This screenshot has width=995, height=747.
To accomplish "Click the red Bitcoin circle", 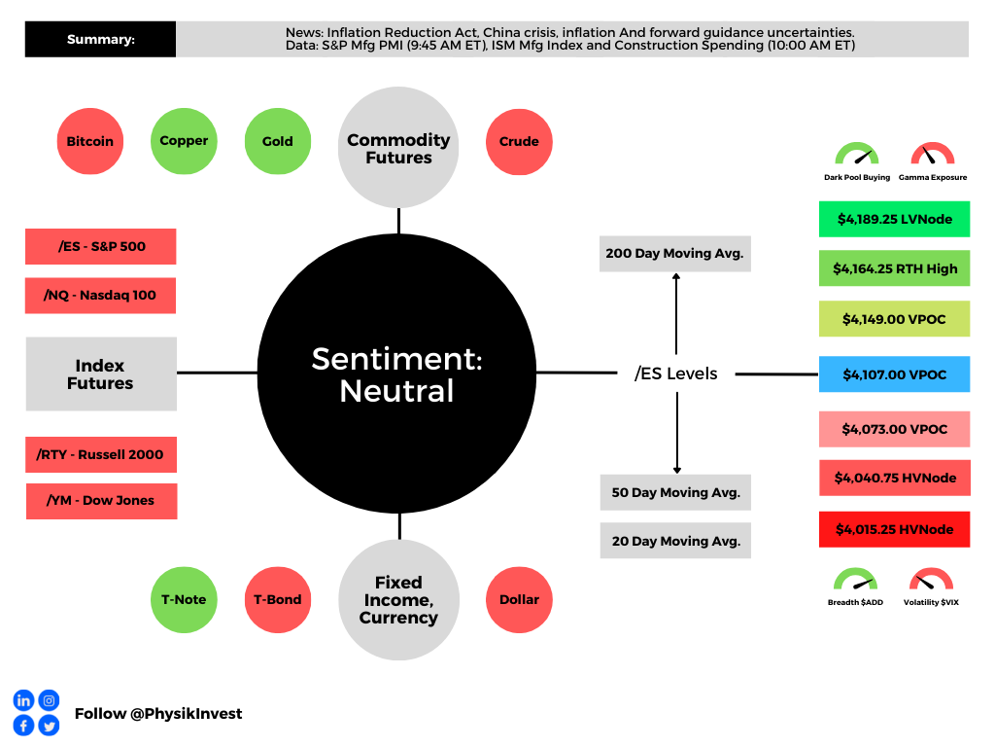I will [x=90, y=141].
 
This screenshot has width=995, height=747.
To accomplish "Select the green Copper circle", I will [x=184, y=141].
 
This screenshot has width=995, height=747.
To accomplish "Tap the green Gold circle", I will [x=277, y=141].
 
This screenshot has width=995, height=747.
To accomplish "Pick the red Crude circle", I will [x=519, y=141].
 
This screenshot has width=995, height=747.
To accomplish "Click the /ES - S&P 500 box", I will [x=101, y=246].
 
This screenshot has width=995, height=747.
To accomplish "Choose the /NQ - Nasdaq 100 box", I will [x=101, y=295].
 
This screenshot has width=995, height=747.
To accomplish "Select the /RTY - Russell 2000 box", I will [x=101, y=454].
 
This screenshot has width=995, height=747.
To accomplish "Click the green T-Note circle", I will [x=184, y=599].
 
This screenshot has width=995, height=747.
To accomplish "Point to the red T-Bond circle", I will [x=277, y=599].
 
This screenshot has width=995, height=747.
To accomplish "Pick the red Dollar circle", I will [x=519, y=599].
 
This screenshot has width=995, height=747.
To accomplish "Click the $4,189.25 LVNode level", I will [x=894, y=219].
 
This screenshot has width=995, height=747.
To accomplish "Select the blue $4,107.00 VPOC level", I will [x=894, y=373].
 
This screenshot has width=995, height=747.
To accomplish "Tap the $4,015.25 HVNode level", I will [x=894, y=529].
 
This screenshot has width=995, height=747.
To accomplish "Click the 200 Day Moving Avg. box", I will [x=675, y=253].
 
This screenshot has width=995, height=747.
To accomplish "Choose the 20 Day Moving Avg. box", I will [x=675, y=541].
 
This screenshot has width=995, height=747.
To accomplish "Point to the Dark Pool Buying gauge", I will [x=856, y=156].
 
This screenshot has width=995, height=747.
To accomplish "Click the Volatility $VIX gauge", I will [x=931, y=584].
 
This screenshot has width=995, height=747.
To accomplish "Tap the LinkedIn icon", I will [x=23, y=700].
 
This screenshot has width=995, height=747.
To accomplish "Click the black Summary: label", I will [x=100, y=40].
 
